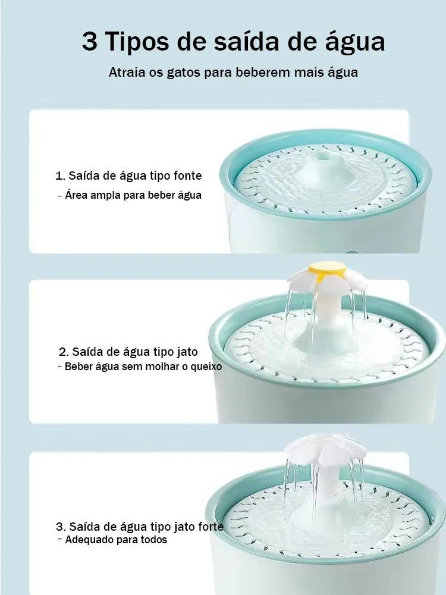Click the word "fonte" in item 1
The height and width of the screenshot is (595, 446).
188,176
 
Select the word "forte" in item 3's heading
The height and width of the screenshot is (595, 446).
211,527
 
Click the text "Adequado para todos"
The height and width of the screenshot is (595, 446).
116,540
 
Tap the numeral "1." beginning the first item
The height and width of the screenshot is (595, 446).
60,176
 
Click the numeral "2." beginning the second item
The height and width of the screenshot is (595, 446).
64,352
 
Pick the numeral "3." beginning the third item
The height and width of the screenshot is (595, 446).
61,527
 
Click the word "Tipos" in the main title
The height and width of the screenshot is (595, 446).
137,42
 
